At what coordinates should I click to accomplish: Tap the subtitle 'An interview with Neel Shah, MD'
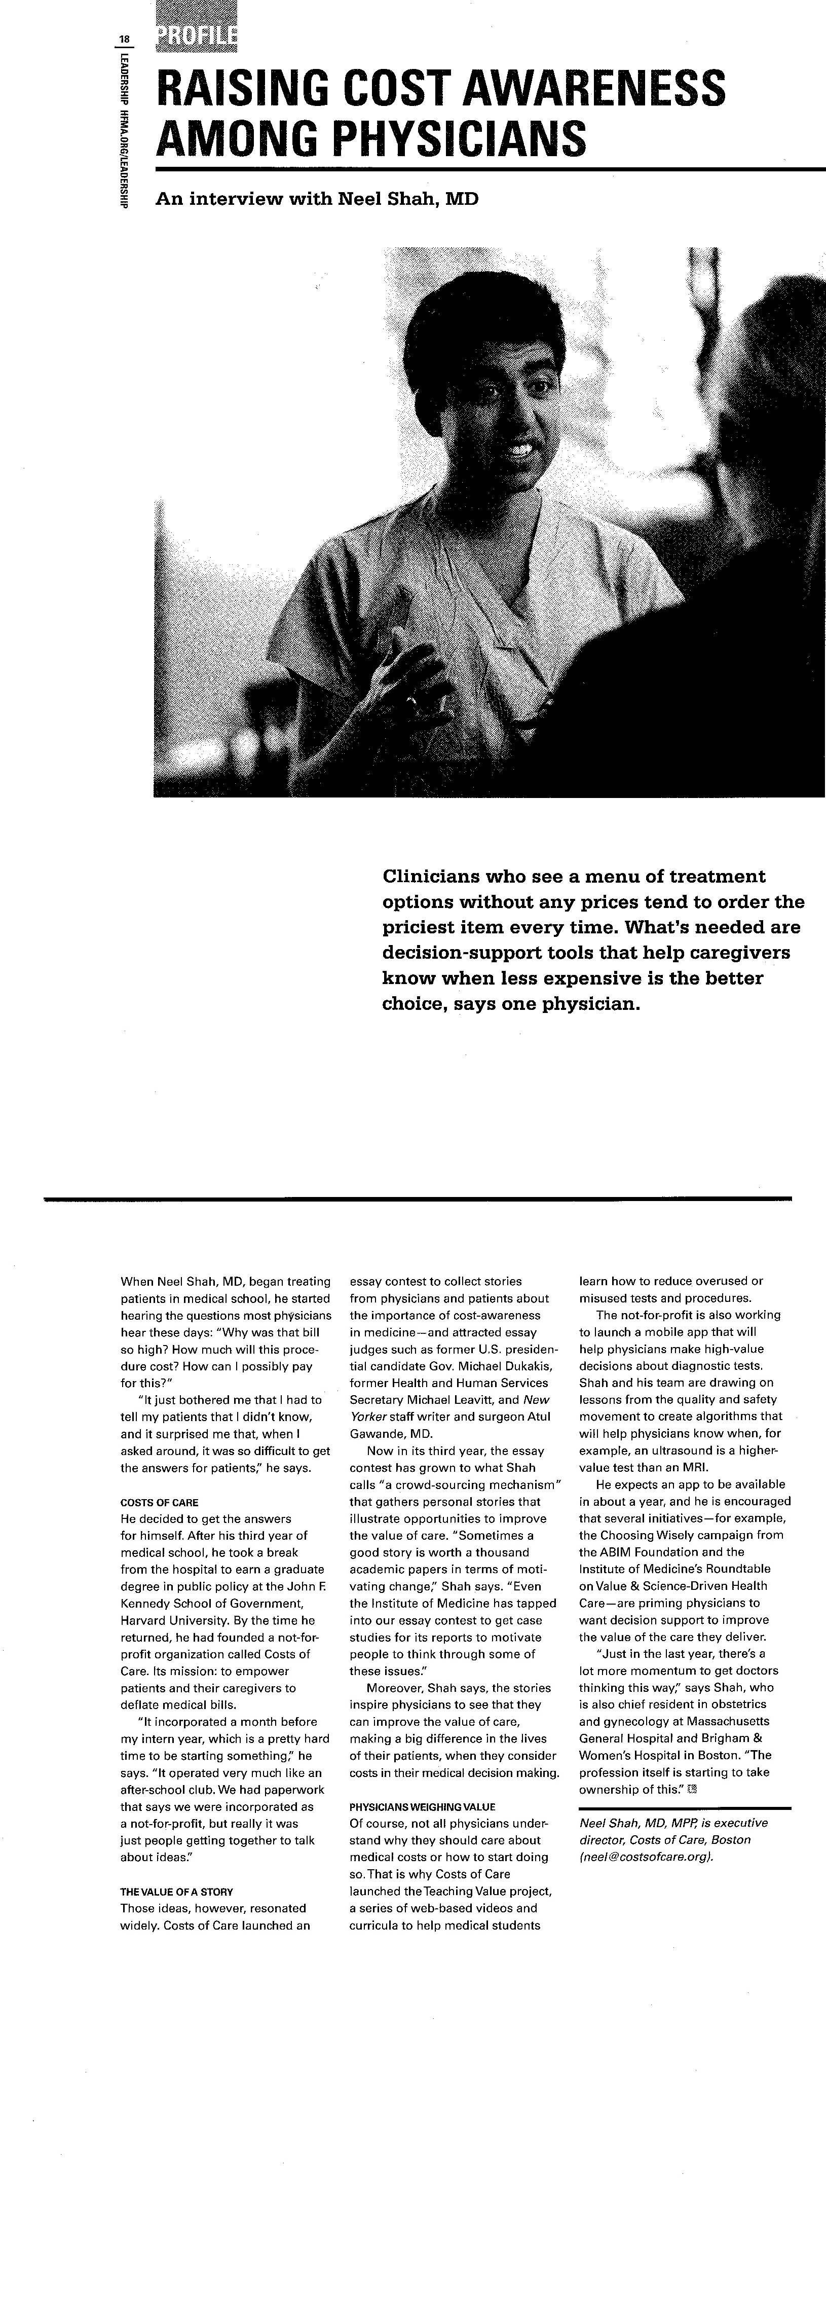[x=317, y=198]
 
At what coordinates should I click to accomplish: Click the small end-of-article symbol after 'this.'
[x=693, y=1788]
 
